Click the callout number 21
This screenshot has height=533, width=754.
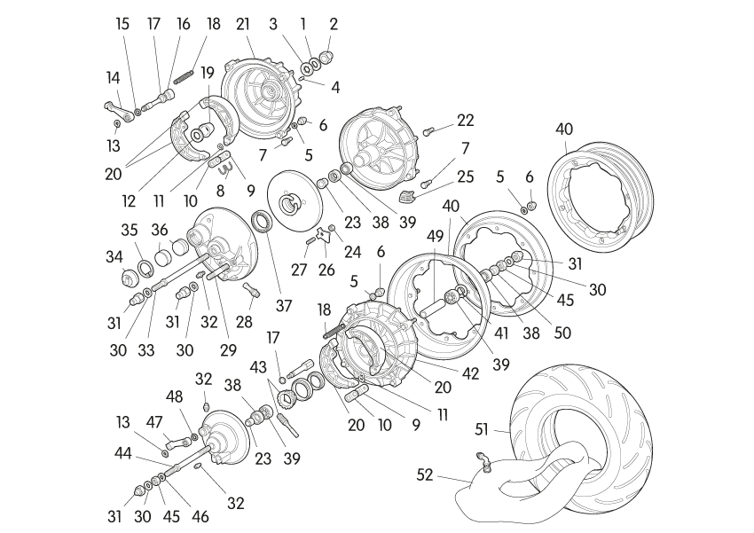click(x=242, y=24)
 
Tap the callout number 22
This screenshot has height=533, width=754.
click(x=466, y=120)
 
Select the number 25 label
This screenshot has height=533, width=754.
click(x=466, y=176)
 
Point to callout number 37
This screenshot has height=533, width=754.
click(x=283, y=306)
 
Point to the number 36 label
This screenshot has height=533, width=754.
click(x=160, y=229)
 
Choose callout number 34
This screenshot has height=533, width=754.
click(x=114, y=257)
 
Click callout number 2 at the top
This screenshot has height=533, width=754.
click(x=334, y=24)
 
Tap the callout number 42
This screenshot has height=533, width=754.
click(x=471, y=374)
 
